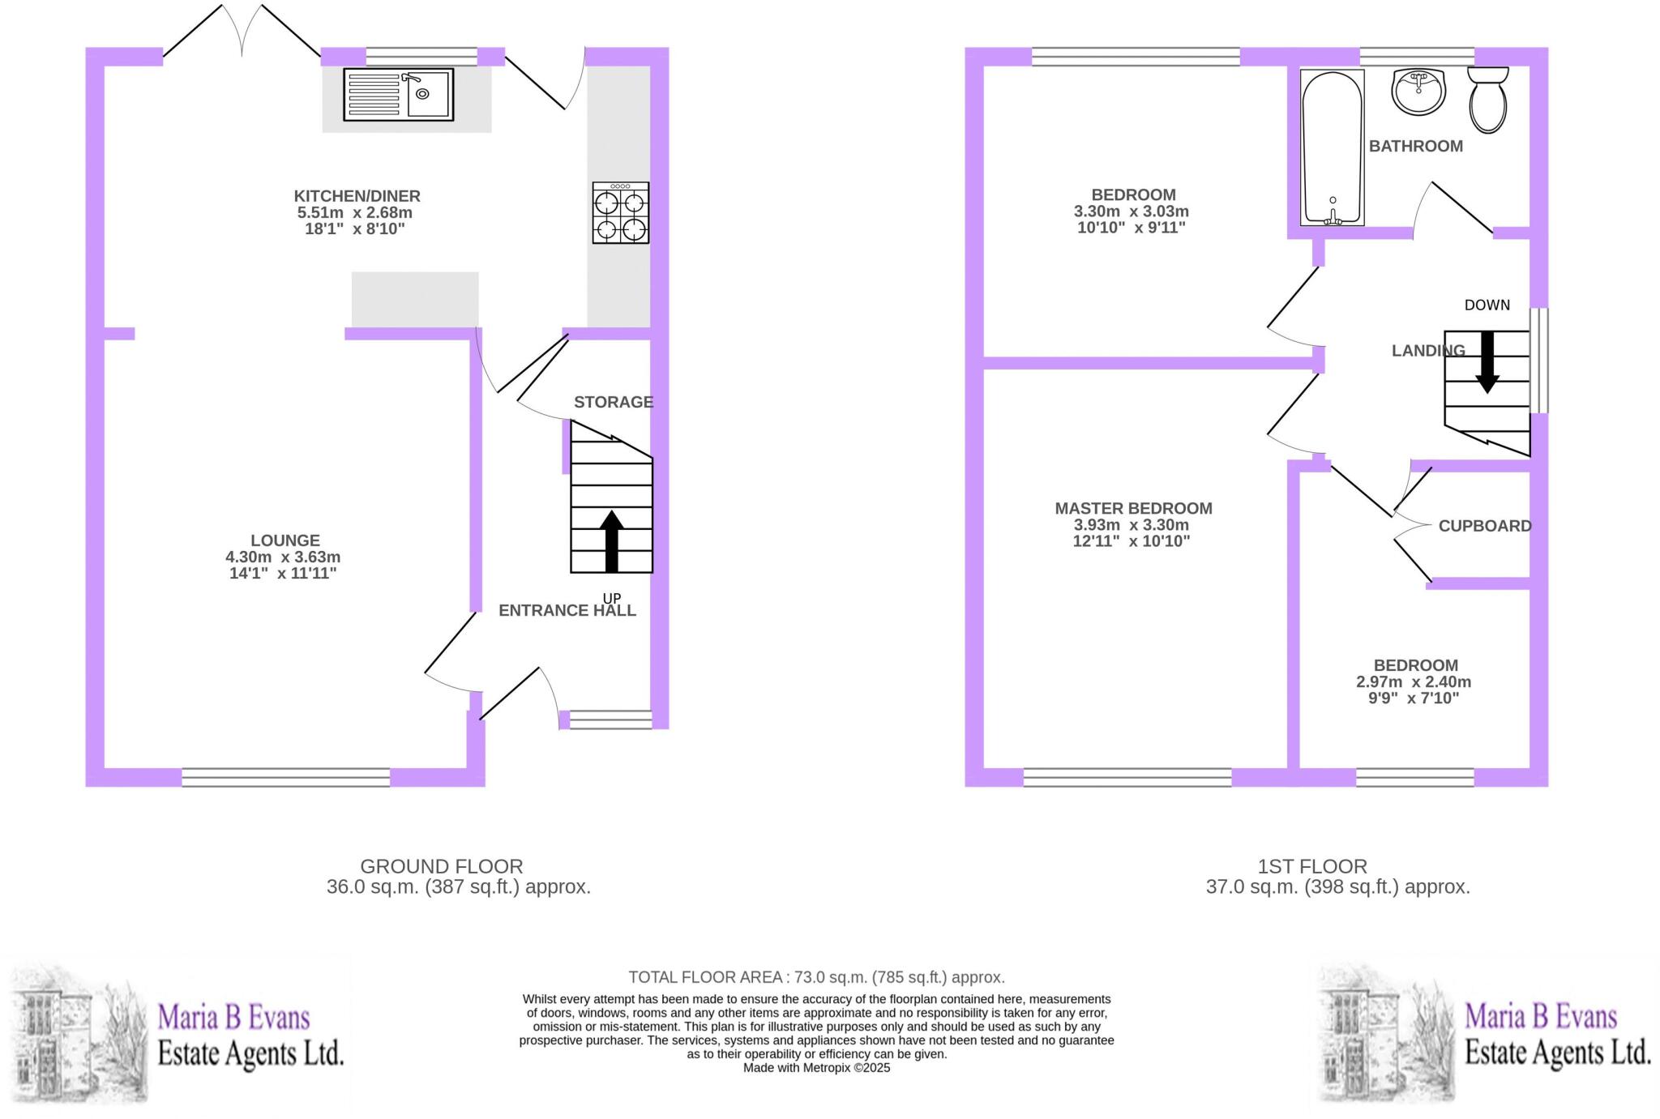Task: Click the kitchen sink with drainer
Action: (398, 95)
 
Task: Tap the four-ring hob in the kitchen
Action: (621, 213)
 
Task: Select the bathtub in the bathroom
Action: (1332, 148)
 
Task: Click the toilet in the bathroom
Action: (1487, 100)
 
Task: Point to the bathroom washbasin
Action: (1418, 92)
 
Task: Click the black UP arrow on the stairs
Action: (612, 541)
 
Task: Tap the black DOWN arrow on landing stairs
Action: (1487, 361)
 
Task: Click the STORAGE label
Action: (613, 402)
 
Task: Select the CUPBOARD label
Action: (1485, 526)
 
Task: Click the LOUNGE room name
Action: (285, 540)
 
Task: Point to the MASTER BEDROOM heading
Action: (1133, 508)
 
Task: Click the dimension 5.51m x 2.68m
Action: (355, 213)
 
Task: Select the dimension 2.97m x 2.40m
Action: (1414, 682)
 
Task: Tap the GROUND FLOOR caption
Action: (442, 866)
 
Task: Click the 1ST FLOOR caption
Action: (1312, 866)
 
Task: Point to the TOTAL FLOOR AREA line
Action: (816, 977)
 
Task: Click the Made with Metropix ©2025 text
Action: (816, 1068)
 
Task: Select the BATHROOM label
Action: (1415, 147)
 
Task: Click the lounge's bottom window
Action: (285, 778)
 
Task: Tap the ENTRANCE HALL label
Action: (567, 611)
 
